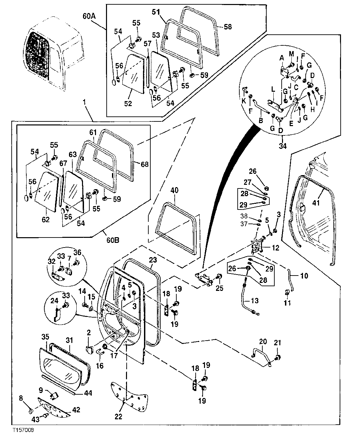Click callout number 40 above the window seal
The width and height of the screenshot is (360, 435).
coord(174,190)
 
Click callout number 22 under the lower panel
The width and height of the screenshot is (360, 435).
coord(119,416)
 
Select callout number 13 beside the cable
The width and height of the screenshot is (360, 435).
coord(254,301)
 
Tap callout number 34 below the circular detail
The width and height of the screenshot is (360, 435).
coord(283,145)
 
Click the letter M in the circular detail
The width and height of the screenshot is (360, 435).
coord(291,54)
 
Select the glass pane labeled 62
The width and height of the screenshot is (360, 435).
coord(47,192)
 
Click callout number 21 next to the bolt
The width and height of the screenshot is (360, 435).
coord(278,342)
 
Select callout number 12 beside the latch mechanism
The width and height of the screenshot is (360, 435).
coord(275,248)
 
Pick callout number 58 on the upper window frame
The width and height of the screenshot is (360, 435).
coord(228,26)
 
